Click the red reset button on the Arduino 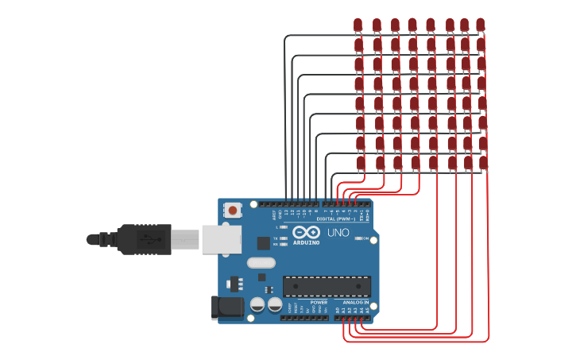point(232,211)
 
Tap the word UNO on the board point(338,233)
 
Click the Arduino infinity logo point(306,233)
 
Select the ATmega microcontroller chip point(327,286)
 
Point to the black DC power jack point(226,308)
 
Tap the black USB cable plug point(144,239)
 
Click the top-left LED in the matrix point(358,25)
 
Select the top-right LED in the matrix point(480,25)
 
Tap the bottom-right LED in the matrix point(483,162)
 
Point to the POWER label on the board point(319,303)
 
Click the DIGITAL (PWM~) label point(336,219)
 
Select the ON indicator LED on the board point(359,238)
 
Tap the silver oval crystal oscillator point(261,262)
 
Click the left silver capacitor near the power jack point(257,304)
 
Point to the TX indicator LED point(283,238)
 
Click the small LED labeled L point(283,227)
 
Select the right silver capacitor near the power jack point(275,304)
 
